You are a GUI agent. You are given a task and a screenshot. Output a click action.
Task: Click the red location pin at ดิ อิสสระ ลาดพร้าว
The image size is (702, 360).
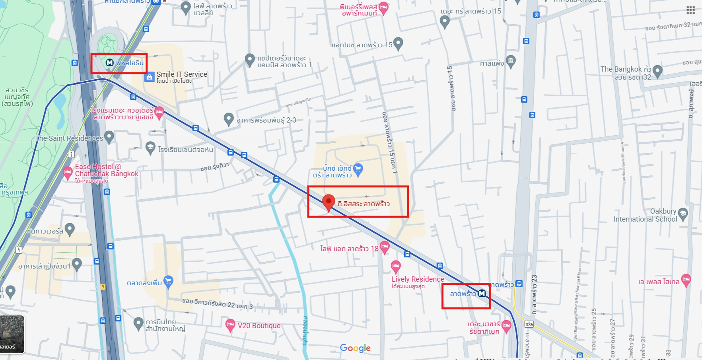(x=328, y=202)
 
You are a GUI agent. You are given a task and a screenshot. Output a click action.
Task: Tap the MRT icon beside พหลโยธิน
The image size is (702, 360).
(x=110, y=63)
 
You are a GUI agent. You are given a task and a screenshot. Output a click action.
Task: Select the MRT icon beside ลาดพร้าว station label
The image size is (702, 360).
(x=482, y=294)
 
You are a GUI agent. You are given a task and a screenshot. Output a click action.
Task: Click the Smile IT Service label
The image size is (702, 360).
(x=182, y=74)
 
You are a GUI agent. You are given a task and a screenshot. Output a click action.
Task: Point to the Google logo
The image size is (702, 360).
(x=355, y=348)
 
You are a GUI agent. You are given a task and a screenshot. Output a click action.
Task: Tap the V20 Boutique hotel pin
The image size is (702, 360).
(x=230, y=325)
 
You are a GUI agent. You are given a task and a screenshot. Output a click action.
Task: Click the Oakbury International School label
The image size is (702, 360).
(x=645, y=215)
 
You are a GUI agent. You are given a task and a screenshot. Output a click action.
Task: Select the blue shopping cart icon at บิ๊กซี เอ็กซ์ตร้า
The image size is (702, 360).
(x=358, y=169)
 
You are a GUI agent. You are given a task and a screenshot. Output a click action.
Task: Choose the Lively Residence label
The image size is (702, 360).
(x=418, y=279)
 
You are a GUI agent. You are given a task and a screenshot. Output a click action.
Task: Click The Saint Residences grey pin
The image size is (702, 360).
(x=109, y=137)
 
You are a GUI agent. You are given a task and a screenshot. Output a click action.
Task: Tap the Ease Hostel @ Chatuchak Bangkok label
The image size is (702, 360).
(x=107, y=170)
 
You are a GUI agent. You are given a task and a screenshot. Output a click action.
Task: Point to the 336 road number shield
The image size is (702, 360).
(x=529, y=324)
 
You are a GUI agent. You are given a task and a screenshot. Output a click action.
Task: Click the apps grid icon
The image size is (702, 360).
(x=690, y=11)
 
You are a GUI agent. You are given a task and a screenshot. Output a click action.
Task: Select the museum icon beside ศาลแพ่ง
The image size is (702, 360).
(x=511, y=61)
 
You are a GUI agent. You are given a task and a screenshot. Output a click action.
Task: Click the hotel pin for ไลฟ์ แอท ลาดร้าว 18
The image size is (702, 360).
(x=385, y=247)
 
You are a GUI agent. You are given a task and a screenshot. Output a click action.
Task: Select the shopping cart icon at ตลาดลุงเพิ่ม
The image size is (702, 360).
(x=168, y=281)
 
